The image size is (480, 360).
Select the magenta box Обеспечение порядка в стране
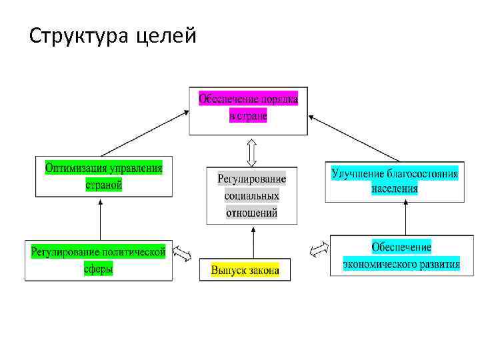(x=248, y=108)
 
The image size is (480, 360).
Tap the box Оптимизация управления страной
(x=103, y=176)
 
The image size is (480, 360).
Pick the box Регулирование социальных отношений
(x=251, y=195)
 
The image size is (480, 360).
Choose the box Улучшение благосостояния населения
(x=395, y=181)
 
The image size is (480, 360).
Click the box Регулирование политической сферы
(x=97, y=260)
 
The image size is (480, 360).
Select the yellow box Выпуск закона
(x=245, y=270)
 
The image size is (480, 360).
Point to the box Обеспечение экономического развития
(x=401, y=255)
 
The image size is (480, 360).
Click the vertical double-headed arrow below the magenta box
(x=251, y=151)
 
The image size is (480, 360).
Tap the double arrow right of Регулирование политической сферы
(x=182, y=254)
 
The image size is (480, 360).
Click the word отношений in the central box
(x=251, y=213)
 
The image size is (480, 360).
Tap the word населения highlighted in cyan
(x=395, y=188)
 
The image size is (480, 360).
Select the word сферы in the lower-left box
(x=98, y=269)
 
